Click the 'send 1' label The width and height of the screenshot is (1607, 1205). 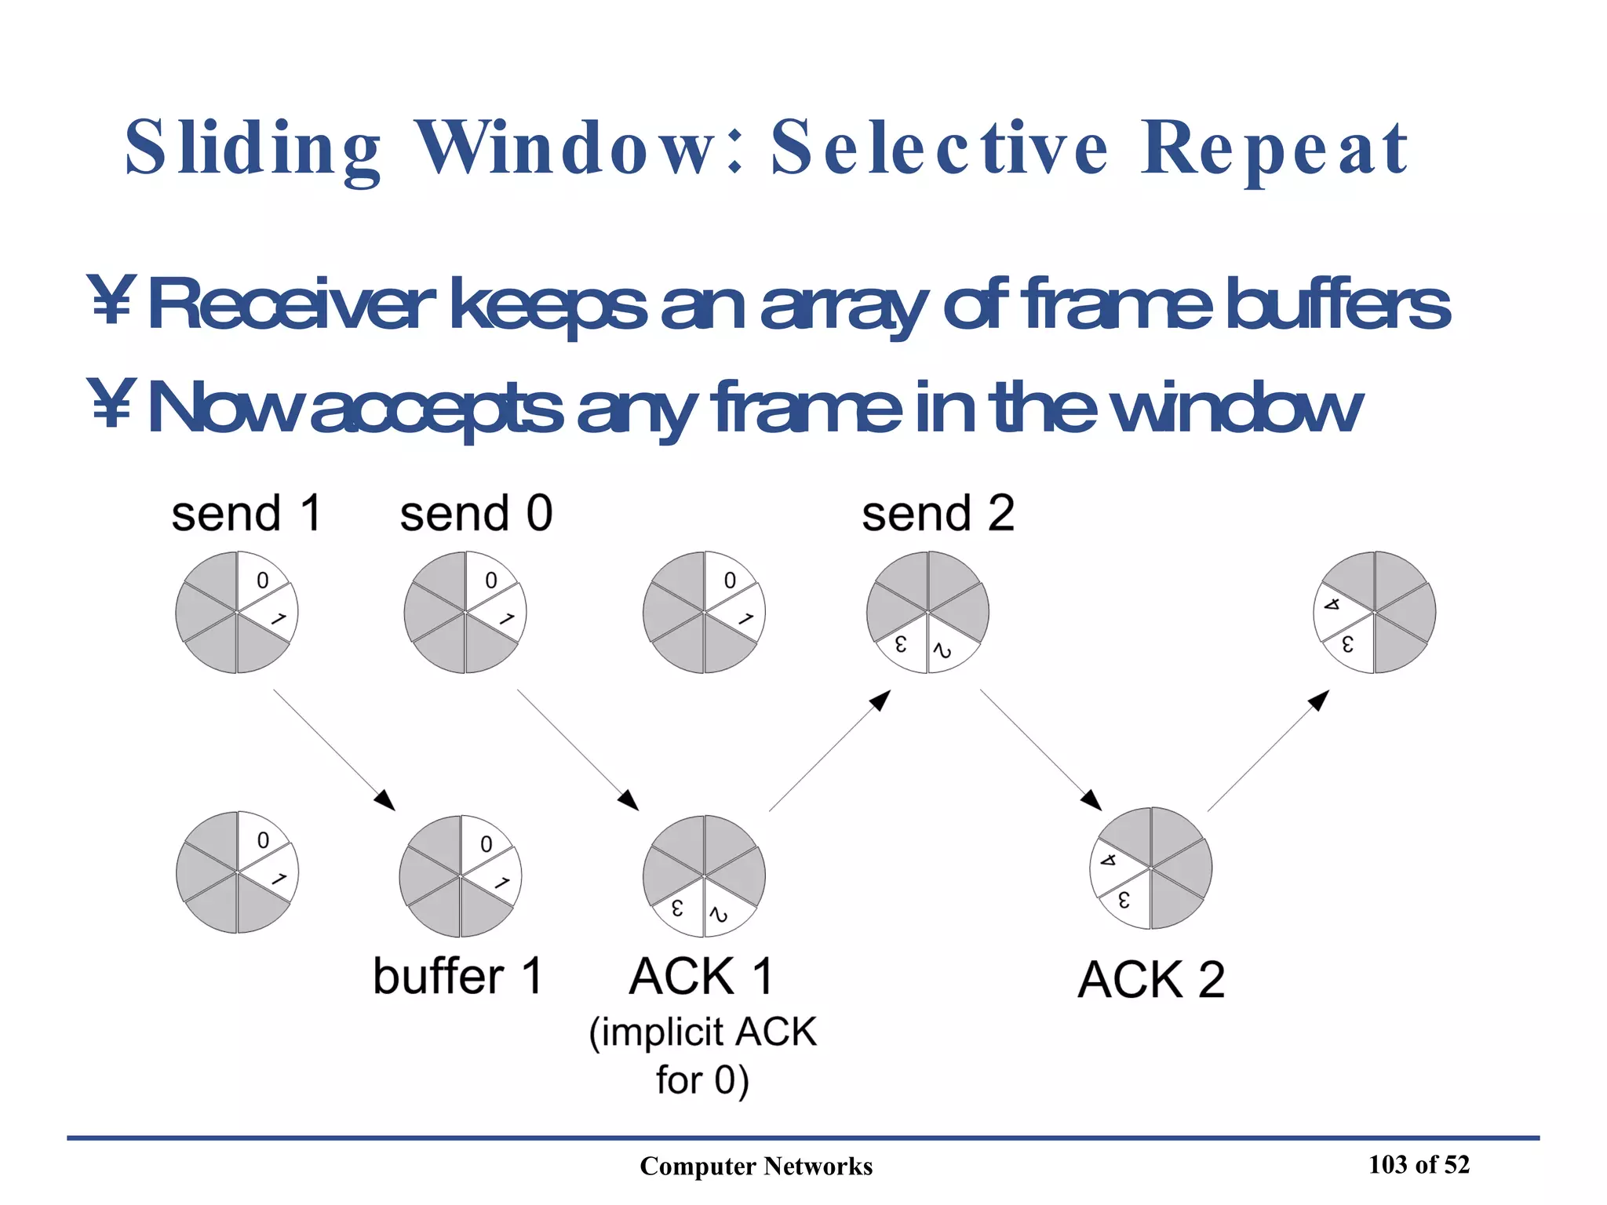click(x=246, y=514)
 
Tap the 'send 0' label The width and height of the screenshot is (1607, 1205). click(x=476, y=514)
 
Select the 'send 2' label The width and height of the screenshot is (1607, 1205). click(x=938, y=514)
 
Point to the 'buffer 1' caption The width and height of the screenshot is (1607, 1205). click(x=457, y=977)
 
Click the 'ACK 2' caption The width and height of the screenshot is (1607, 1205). click(x=1150, y=980)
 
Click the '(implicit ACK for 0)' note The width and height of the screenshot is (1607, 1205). click(x=702, y=1055)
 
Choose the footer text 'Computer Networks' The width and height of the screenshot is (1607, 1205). click(x=756, y=1167)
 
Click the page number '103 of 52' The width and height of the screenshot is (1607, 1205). click(x=1419, y=1164)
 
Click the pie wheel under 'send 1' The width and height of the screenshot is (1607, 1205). click(x=236, y=612)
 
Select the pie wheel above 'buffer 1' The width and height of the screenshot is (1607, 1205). click(x=461, y=876)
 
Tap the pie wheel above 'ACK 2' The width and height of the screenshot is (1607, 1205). click(x=1150, y=868)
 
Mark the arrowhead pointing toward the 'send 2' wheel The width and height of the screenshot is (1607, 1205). click(x=882, y=700)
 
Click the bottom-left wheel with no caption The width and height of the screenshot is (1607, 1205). click(x=237, y=872)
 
